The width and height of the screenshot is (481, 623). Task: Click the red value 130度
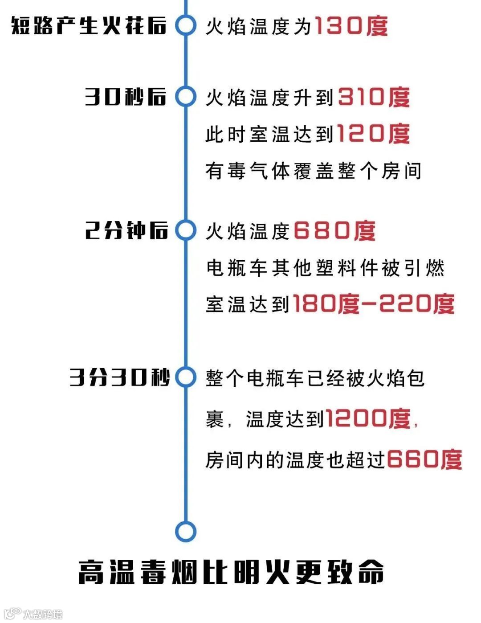click(x=351, y=26)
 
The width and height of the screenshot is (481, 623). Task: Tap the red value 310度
click(x=374, y=97)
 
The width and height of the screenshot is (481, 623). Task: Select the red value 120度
click(x=373, y=133)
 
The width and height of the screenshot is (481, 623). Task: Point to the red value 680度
click(x=334, y=231)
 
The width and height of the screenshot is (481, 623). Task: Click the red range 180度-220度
click(x=373, y=304)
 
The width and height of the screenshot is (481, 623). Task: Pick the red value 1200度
click(x=368, y=418)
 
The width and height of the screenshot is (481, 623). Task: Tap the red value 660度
click(x=424, y=459)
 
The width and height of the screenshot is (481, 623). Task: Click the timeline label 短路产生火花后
click(x=89, y=25)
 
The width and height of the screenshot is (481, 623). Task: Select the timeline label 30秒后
click(x=126, y=97)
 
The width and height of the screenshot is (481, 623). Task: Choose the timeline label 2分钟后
click(x=126, y=230)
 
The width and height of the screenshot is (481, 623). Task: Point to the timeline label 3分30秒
click(x=119, y=377)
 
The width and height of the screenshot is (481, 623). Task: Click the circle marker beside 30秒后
click(x=185, y=97)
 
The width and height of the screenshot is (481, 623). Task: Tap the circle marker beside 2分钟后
click(x=185, y=230)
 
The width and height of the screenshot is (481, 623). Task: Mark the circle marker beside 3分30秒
click(x=185, y=377)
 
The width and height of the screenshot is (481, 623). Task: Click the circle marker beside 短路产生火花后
click(x=185, y=25)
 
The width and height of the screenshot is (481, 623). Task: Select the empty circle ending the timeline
click(x=185, y=531)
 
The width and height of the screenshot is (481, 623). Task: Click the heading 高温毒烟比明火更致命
click(x=231, y=572)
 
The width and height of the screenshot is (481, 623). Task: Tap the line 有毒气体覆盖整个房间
click(x=313, y=171)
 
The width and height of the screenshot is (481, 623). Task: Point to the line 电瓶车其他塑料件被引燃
click(x=325, y=268)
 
